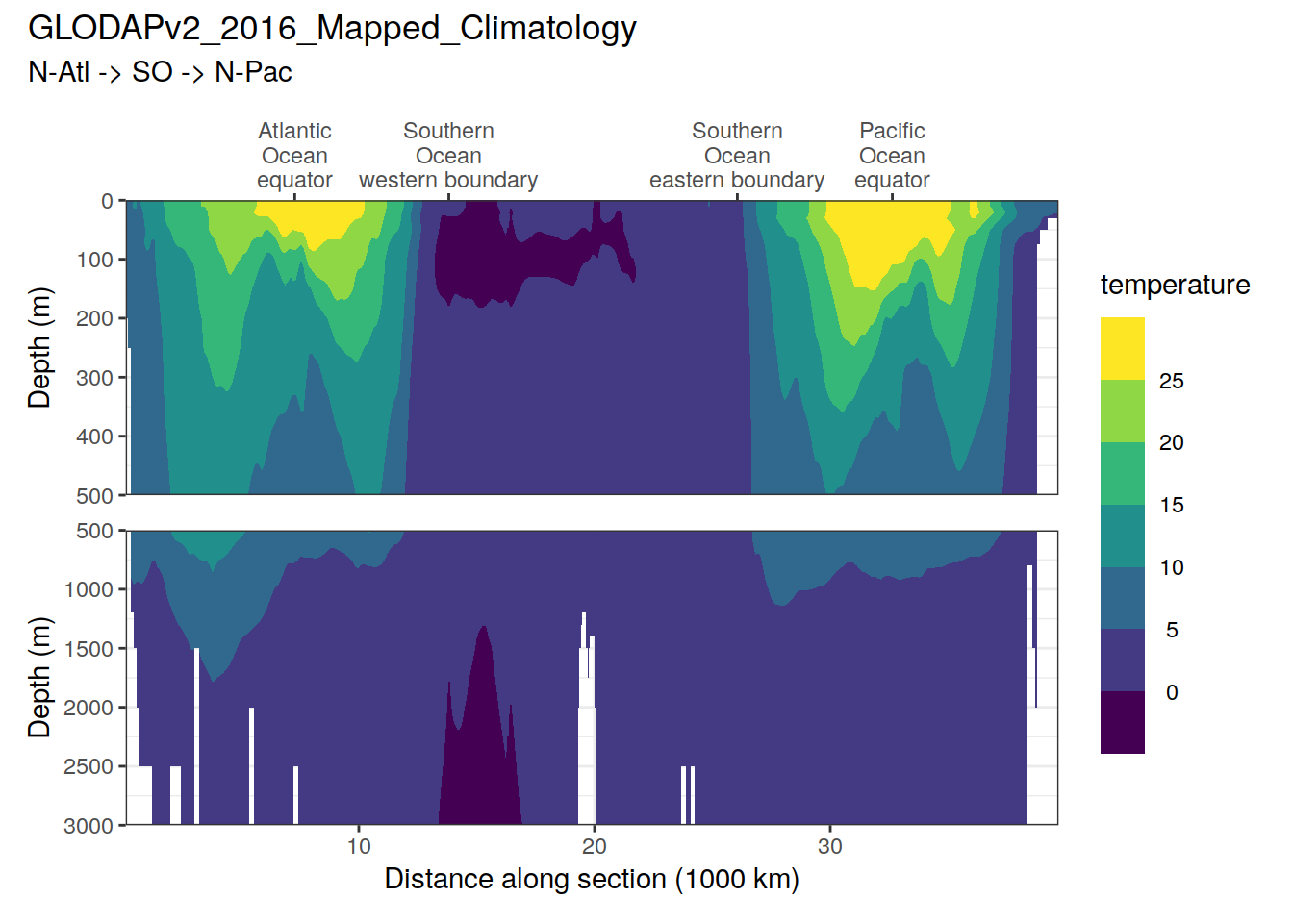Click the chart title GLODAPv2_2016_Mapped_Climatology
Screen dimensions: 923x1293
click(332, 29)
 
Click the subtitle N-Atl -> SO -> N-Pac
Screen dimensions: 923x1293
click(160, 72)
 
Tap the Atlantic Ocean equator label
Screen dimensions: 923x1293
click(294, 156)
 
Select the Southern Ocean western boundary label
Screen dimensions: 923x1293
click(448, 156)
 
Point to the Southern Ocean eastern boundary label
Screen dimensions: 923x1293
click(737, 156)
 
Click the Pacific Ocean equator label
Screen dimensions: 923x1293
click(892, 156)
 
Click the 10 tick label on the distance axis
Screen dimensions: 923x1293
click(359, 846)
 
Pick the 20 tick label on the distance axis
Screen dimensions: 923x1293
click(595, 846)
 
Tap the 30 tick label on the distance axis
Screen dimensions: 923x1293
click(830, 846)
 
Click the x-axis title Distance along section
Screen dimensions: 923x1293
click(592, 879)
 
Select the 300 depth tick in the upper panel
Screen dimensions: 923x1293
click(95, 378)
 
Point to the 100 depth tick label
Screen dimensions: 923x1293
click(95, 260)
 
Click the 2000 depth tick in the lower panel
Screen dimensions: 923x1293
click(89, 708)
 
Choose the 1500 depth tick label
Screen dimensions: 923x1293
click(89, 649)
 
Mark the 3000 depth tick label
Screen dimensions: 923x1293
click(89, 826)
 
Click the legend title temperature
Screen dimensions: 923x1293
click(1175, 285)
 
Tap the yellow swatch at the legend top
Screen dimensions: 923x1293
click(1122, 348)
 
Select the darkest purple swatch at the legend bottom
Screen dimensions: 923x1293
click(1122, 722)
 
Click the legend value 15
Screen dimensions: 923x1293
click(1171, 505)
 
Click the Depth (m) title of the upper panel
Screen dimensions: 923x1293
click(39, 348)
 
